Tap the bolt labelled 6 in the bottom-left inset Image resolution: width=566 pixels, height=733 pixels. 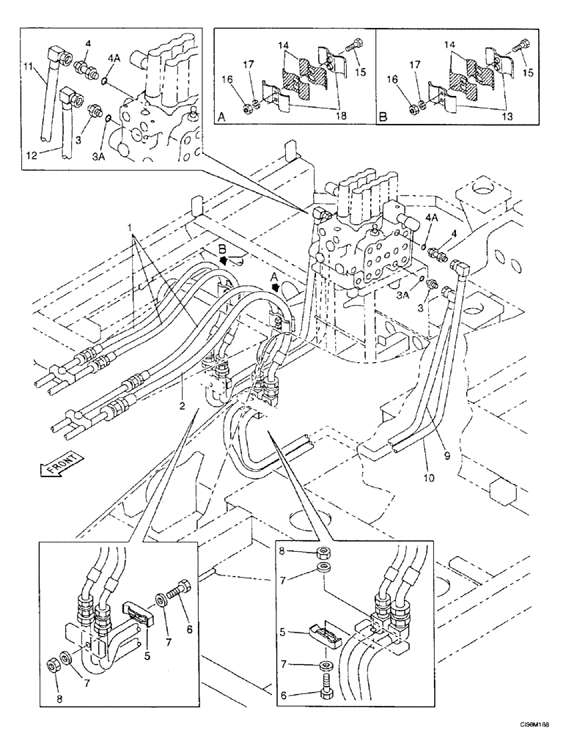(180, 605)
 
